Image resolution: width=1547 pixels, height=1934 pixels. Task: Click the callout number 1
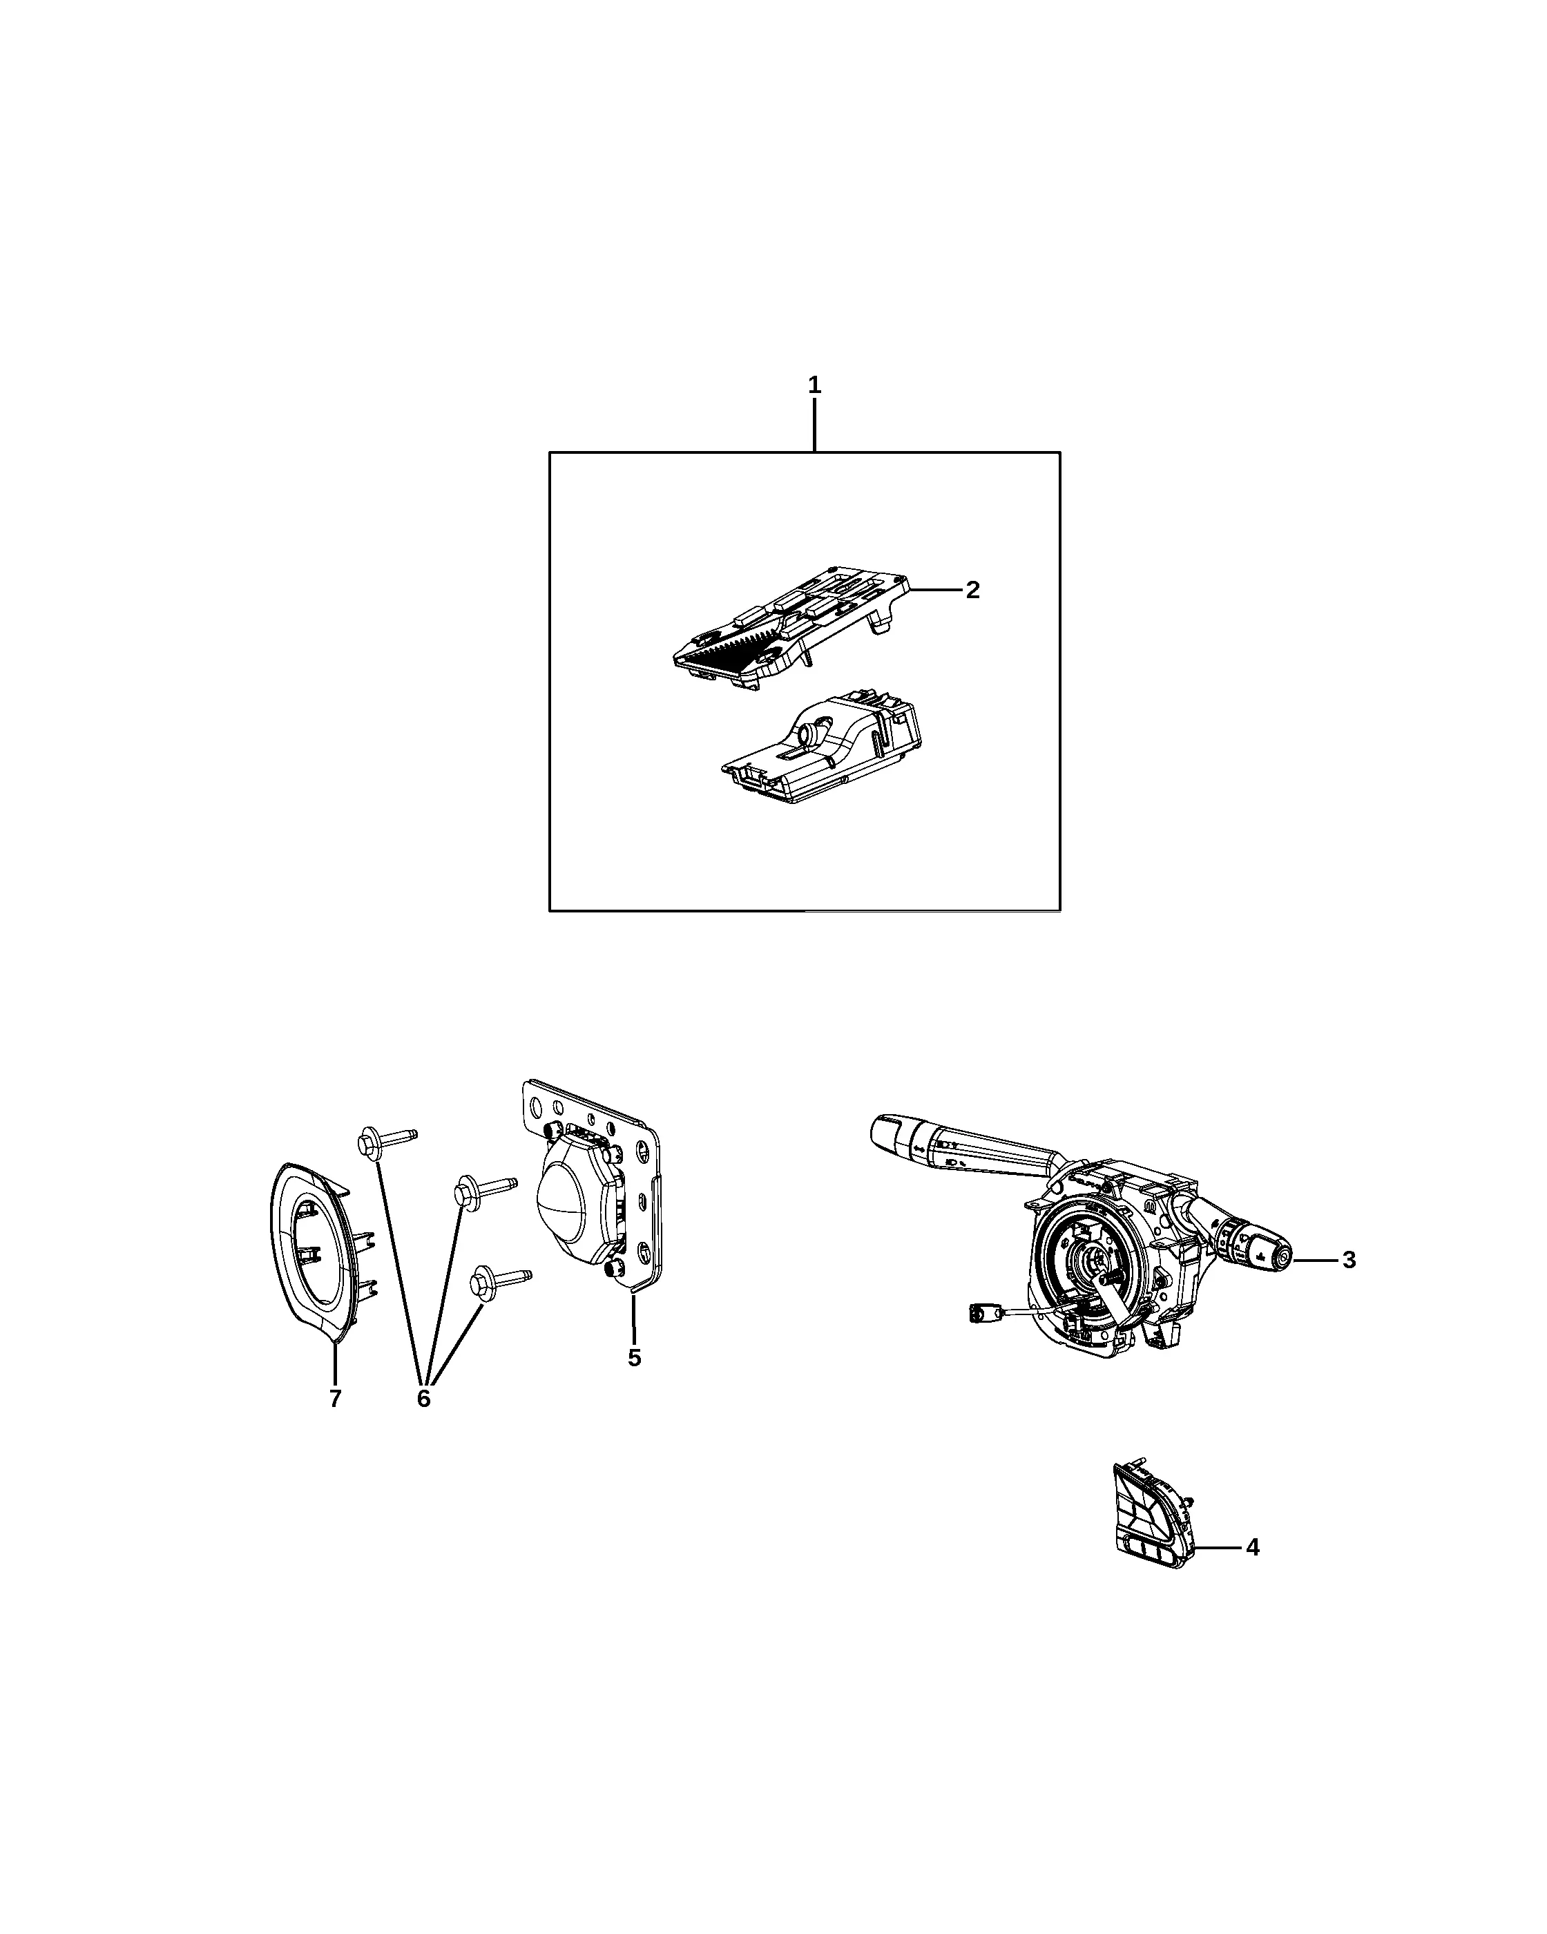coord(814,385)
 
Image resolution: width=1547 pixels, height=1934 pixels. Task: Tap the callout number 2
coord(972,591)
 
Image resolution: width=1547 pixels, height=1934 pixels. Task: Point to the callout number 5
coord(634,1358)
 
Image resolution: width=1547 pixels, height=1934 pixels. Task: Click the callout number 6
coord(423,1399)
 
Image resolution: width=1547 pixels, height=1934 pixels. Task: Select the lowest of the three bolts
coord(501,1281)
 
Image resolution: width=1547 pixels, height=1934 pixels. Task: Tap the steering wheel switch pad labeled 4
coord(1153,1526)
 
